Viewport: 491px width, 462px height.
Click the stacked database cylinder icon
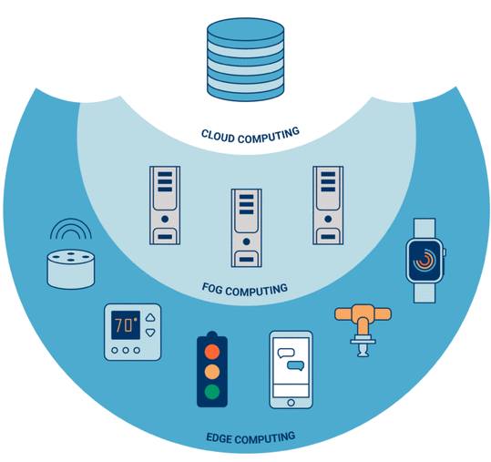[246, 59]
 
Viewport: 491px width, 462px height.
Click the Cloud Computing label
[251, 136]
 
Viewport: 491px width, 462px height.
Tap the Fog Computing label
[245, 290]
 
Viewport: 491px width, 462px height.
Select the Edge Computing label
[251, 438]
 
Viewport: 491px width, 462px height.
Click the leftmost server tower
[165, 205]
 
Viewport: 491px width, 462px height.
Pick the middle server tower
[247, 228]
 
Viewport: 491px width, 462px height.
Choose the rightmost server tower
[328, 205]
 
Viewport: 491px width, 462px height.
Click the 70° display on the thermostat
[126, 325]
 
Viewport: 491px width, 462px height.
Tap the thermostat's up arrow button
[150, 318]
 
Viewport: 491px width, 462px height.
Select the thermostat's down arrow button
[150, 333]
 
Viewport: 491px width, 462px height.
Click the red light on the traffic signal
[212, 352]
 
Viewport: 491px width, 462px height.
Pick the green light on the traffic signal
[212, 392]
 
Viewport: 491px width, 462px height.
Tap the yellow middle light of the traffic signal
[212, 372]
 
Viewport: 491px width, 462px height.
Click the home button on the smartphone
[291, 403]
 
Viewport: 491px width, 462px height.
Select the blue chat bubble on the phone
[296, 365]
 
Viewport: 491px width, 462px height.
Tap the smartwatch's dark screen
[425, 261]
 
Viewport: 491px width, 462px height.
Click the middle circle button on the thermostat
[126, 351]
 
